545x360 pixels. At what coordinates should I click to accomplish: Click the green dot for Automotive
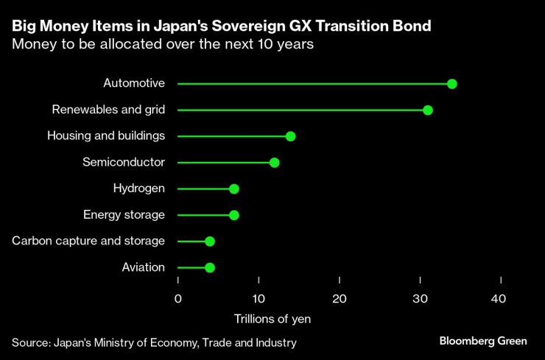click(452, 84)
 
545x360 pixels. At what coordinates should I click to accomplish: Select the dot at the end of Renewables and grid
click(428, 110)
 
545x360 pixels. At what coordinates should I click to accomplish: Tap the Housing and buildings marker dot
click(290, 136)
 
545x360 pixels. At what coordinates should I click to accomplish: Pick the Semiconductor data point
click(274, 163)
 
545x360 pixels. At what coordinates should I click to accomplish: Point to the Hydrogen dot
click(234, 189)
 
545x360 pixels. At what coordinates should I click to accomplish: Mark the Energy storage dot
click(234, 215)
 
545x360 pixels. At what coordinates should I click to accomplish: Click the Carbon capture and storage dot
click(210, 241)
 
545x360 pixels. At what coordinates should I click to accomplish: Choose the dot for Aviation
click(210, 267)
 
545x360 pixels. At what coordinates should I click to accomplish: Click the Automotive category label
click(134, 83)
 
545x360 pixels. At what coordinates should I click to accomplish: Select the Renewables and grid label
click(108, 110)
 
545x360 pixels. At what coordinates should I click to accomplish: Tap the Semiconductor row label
click(124, 162)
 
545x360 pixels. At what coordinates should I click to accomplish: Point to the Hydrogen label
click(139, 188)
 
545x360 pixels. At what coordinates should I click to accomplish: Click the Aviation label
click(143, 267)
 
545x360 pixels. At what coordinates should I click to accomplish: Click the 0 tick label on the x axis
click(178, 298)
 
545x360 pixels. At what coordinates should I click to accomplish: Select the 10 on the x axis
click(259, 298)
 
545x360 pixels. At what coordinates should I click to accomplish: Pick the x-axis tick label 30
click(420, 298)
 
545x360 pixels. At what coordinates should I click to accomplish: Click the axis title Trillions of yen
click(272, 319)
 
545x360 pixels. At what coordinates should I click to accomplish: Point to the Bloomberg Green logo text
click(482, 341)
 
